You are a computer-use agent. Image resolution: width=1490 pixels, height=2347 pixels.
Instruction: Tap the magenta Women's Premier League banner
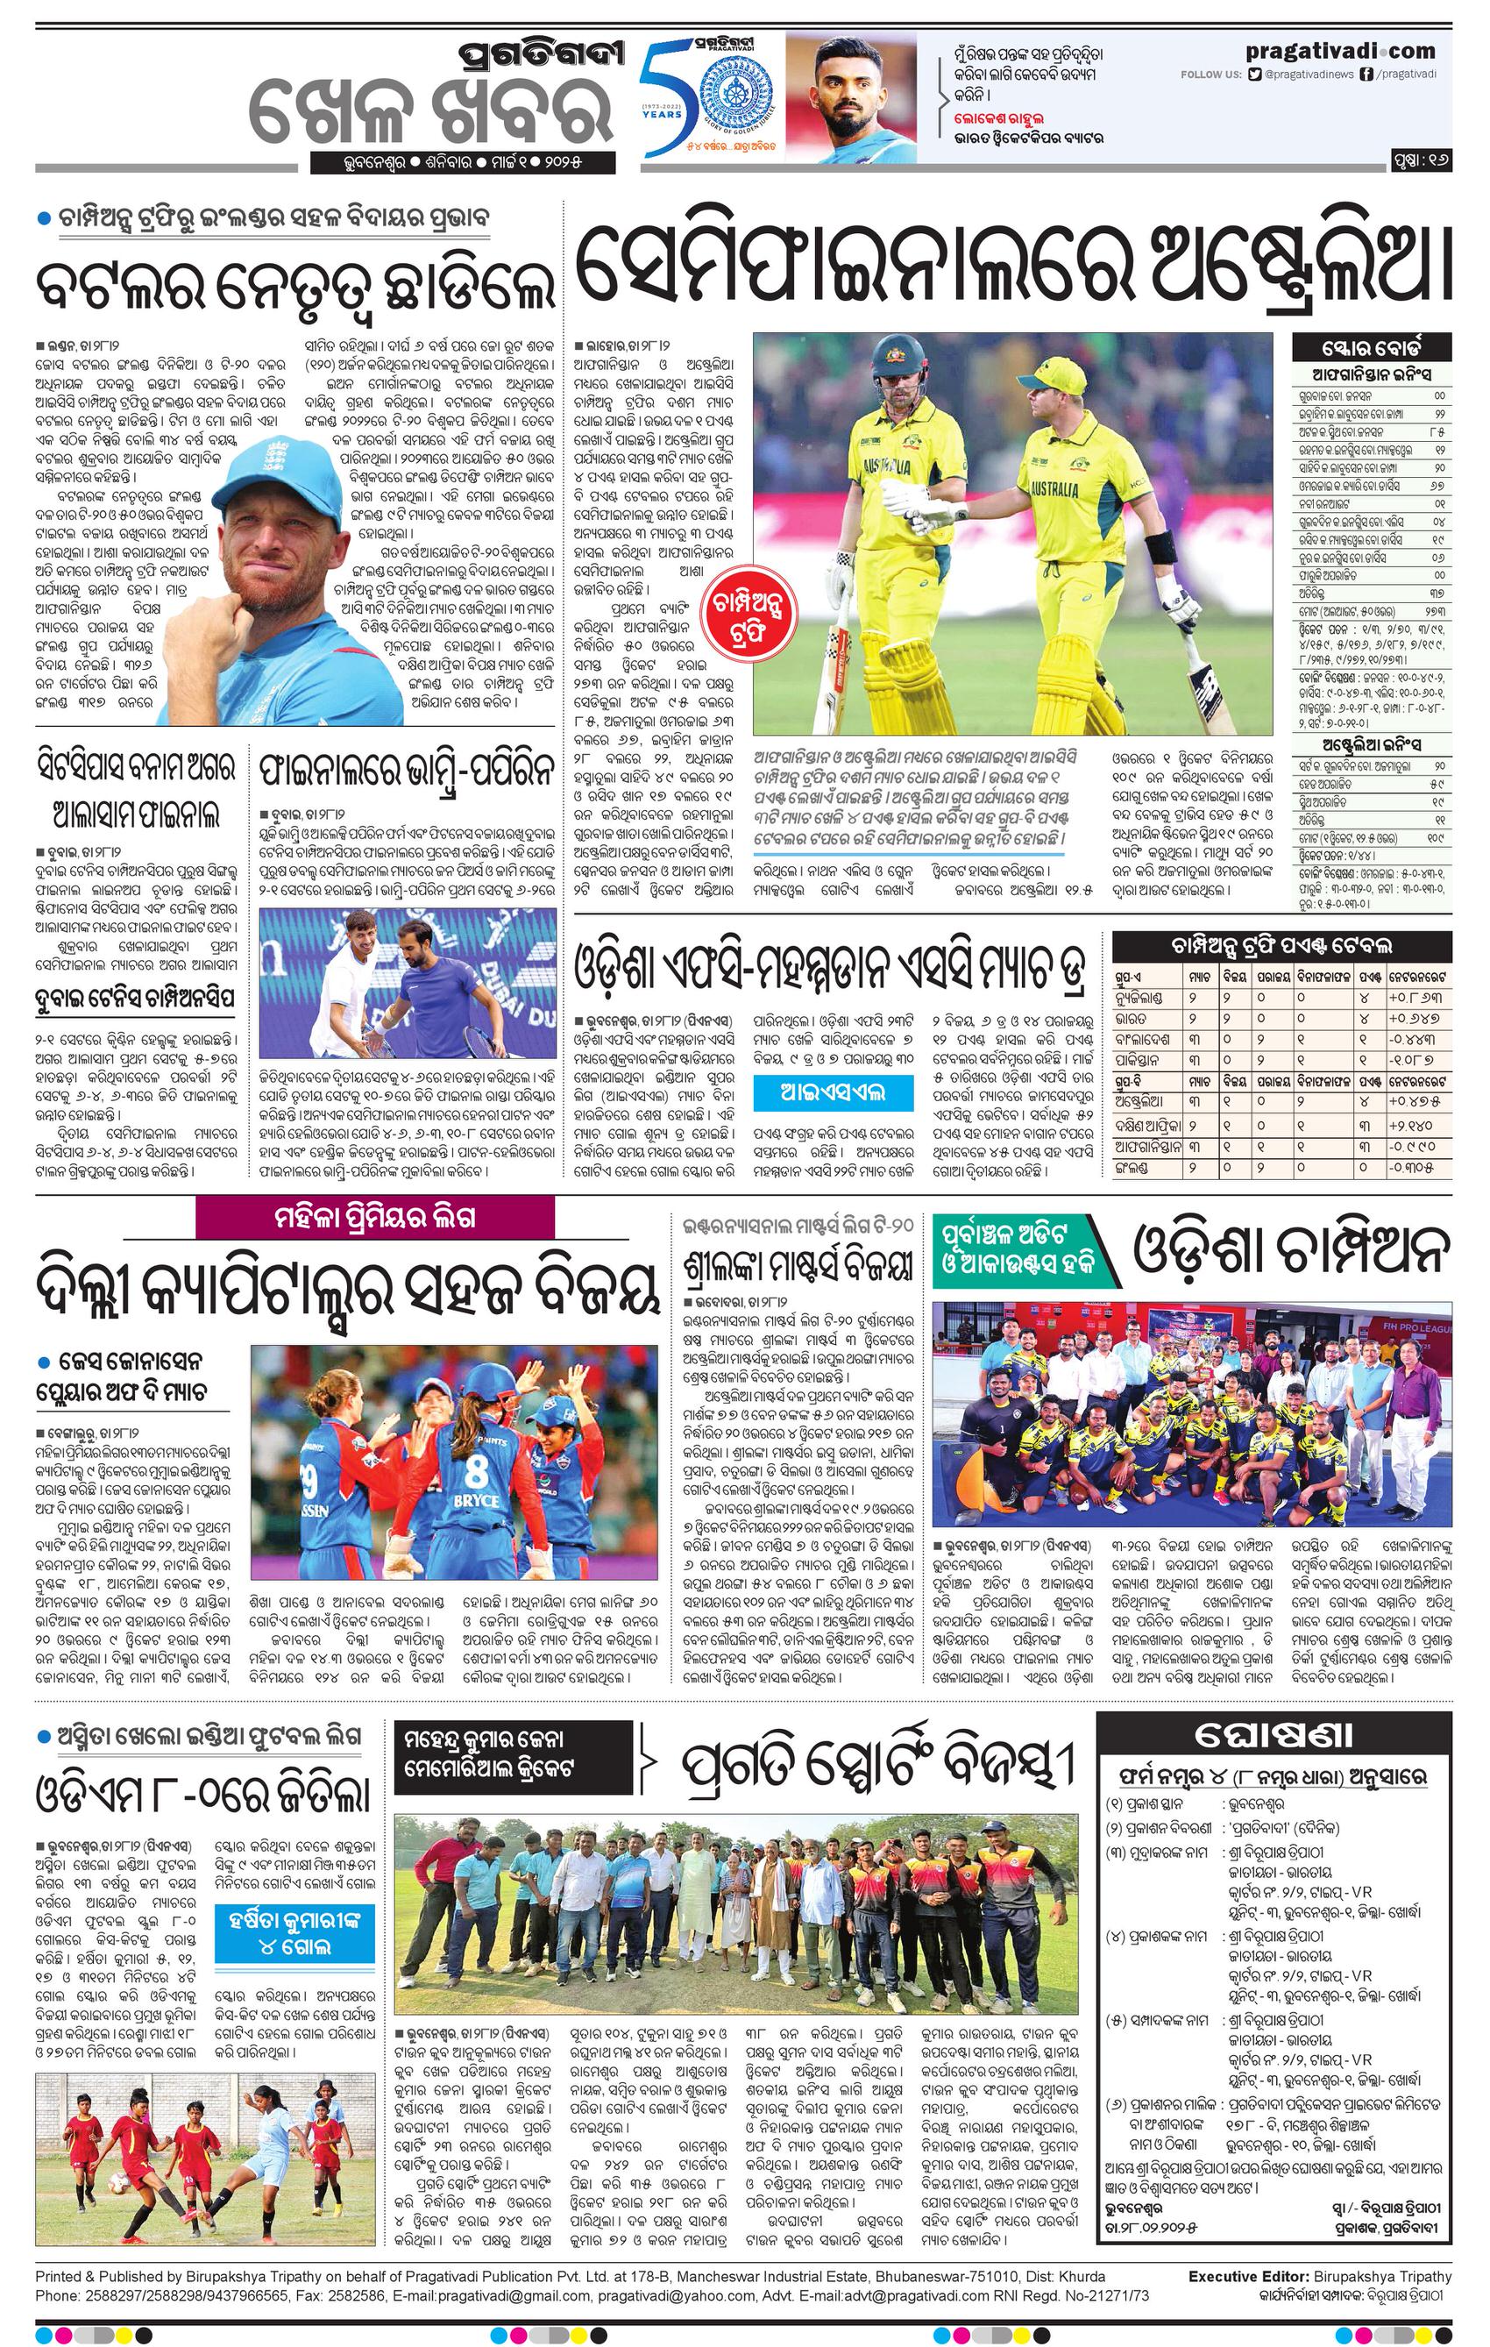[x=374, y=1219]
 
